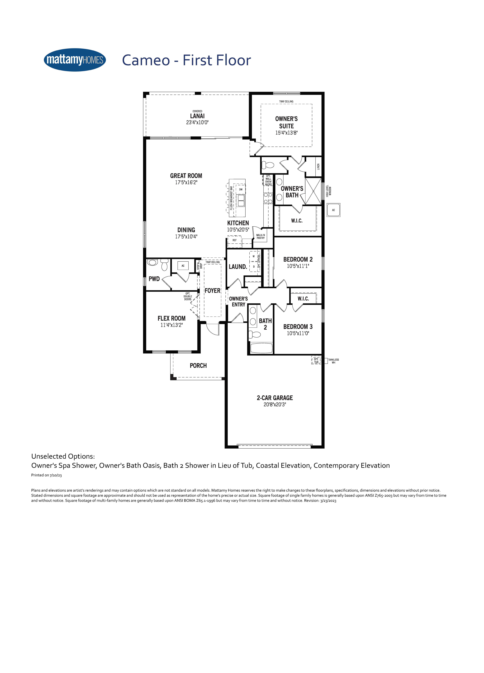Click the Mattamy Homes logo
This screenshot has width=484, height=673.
tap(75, 60)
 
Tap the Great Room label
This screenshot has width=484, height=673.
tap(186, 176)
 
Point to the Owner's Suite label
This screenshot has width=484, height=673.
tap(286, 122)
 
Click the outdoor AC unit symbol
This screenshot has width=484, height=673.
tap(333, 210)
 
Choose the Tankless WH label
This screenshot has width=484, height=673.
tap(333, 361)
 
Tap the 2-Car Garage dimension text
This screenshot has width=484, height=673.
tap(275, 404)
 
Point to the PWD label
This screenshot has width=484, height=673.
tap(154, 279)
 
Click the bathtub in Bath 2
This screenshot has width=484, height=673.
tap(261, 348)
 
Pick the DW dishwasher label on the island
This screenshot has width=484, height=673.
tap(241, 189)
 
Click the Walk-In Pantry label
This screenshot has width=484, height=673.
tap(260, 236)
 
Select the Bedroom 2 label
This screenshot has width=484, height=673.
tap(298, 259)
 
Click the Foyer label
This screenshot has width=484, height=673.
tap(213, 291)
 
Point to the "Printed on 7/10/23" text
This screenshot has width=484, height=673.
tap(47, 475)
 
